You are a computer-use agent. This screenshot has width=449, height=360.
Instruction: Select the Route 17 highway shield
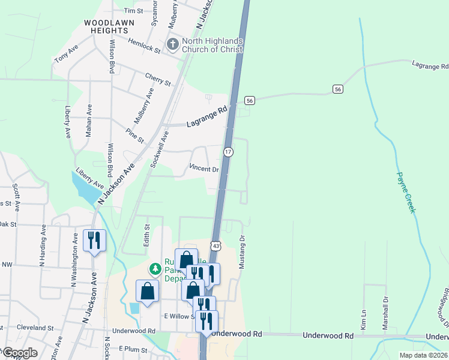(228, 152)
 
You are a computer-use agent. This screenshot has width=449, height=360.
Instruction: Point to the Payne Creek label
(406, 193)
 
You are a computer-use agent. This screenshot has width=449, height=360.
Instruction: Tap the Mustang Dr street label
(243, 251)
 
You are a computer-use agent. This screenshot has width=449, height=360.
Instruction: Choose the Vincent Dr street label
(204, 169)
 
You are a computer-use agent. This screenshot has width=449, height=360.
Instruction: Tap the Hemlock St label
(145, 47)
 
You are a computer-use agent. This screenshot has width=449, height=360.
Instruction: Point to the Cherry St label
(158, 79)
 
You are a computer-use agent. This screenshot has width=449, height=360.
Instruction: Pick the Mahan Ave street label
(89, 121)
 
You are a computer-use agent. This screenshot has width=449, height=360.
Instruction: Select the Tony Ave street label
(67, 52)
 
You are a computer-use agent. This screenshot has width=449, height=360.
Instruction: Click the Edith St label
(146, 234)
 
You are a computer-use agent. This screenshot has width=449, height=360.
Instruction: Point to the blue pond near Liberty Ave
(84, 187)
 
